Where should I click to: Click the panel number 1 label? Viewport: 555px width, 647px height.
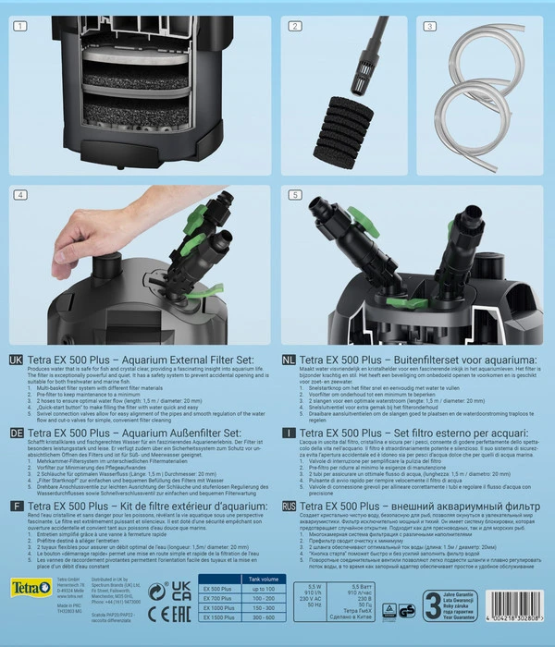click(18, 27)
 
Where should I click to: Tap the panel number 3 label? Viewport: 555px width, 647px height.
click(430, 27)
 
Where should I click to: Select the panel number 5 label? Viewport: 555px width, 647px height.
click(295, 195)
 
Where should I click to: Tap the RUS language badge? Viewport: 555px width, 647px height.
click(290, 507)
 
